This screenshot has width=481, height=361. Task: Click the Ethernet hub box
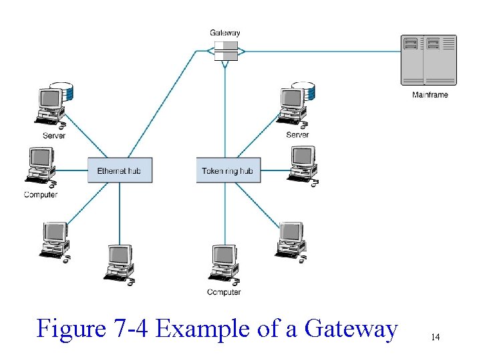click(120, 170)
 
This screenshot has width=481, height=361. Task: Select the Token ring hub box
click(228, 170)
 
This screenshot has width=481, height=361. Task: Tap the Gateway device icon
click(226, 51)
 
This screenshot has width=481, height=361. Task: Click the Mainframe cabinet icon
click(428, 60)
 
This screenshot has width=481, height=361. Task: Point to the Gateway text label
click(225, 33)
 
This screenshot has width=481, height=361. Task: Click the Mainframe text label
click(430, 95)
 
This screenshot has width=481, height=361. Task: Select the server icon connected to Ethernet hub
click(54, 106)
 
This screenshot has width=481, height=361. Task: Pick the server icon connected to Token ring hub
click(295, 106)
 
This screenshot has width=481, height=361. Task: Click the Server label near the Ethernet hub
click(54, 136)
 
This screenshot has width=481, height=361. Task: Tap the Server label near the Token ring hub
click(297, 135)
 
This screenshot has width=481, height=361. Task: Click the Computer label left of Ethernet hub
click(41, 195)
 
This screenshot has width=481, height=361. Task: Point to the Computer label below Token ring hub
click(224, 292)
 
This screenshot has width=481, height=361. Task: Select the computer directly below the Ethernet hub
click(120, 265)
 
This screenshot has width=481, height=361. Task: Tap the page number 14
click(436, 337)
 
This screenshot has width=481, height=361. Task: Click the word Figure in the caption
click(71, 329)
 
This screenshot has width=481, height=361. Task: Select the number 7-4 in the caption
click(131, 328)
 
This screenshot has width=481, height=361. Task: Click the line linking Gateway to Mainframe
click(323, 51)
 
